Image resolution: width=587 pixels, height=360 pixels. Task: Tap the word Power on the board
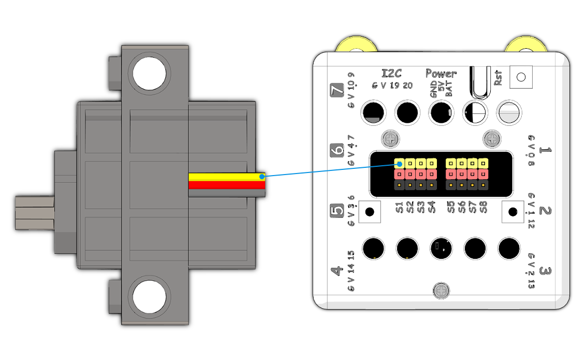(x=441, y=74)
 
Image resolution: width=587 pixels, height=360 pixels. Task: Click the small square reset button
(x=521, y=77)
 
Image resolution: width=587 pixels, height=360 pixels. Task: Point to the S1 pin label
(x=399, y=207)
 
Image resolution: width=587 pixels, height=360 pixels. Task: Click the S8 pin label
(x=483, y=207)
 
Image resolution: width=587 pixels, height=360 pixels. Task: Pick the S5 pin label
(x=451, y=207)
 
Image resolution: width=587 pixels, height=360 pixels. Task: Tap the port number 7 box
(x=337, y=91)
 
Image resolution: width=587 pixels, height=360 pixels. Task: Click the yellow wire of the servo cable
(x=227, y=177)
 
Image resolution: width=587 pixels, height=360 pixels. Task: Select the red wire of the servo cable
(x=227, y=184)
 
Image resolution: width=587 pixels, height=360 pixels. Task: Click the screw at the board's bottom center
(x=442, y=291)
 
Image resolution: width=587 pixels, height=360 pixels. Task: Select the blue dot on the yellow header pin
(x=399, y=165)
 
